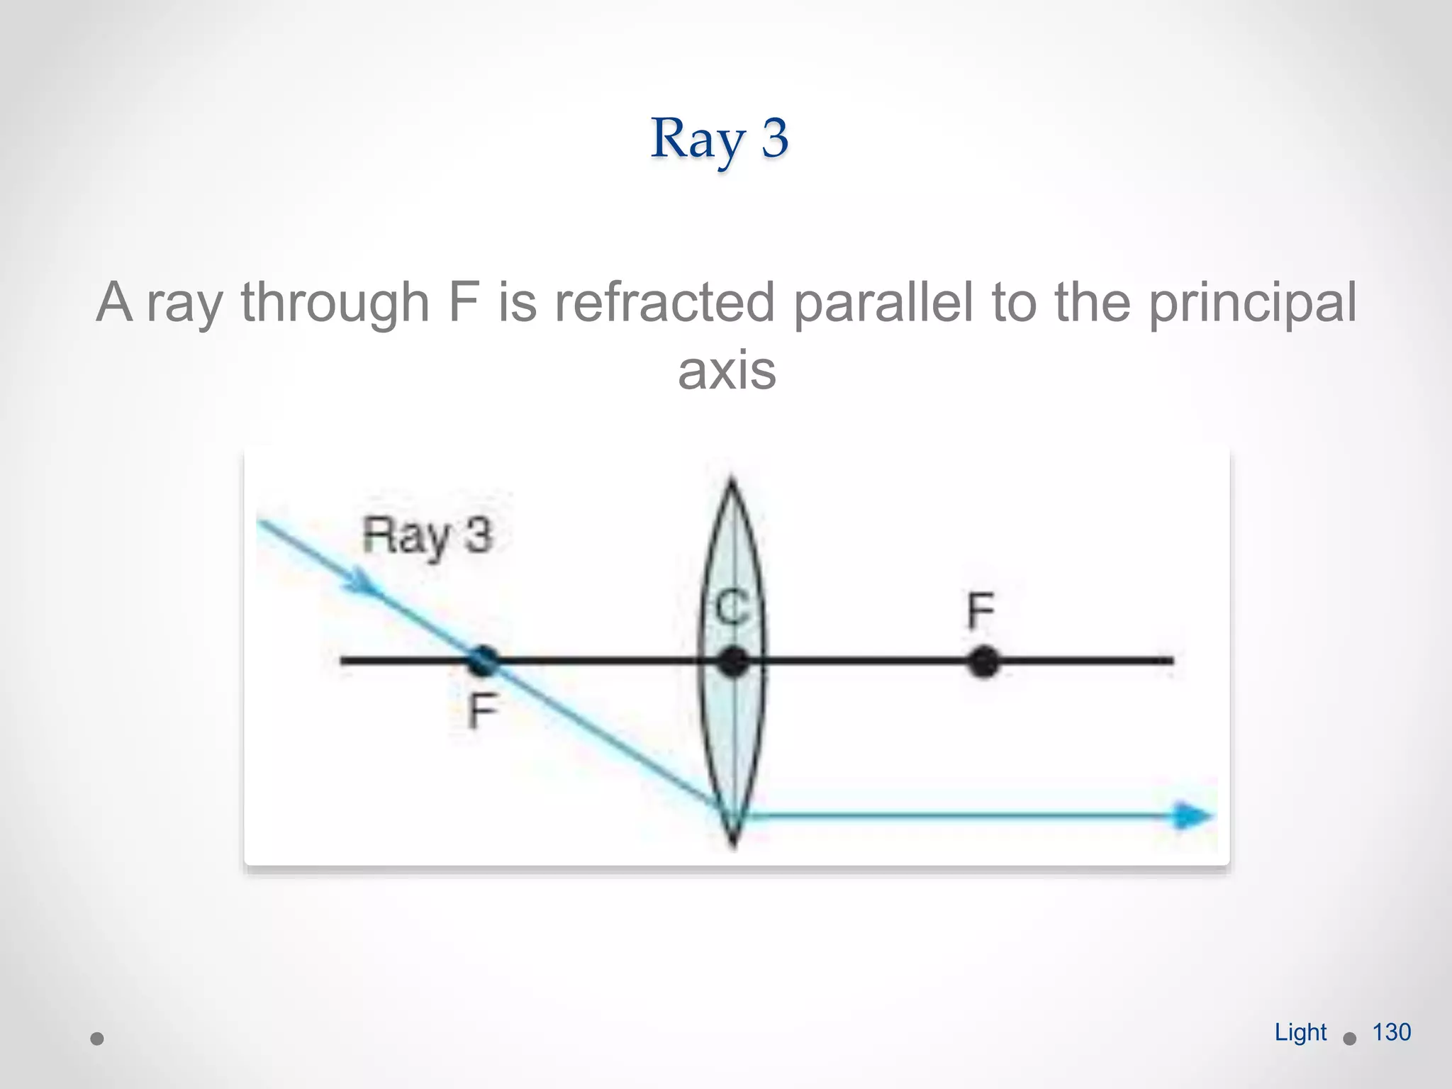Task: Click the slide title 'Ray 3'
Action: [719, 138]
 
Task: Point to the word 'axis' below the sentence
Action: [727, 370]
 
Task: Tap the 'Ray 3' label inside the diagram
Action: [427, 535]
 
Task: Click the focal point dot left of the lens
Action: [484, 661]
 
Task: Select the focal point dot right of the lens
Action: [983, 662]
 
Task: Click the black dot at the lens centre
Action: [733, 662]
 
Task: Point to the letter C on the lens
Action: [732, 608]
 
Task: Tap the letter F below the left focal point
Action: [483, 710]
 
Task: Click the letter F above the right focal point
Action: [981, 611]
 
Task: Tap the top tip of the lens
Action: [732, 482]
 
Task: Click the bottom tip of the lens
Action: [734, 844]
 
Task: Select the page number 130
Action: [1391, 1032]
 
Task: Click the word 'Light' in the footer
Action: [1300, 1032]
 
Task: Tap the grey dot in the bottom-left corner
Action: [98, 1039]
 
